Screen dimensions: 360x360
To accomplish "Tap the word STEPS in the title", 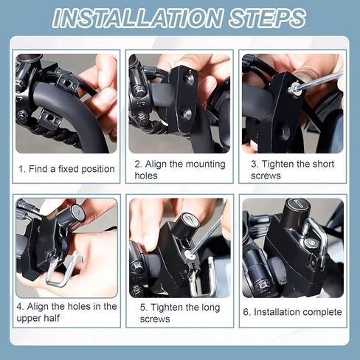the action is [267, 18].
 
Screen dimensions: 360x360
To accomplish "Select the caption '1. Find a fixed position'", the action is [66, 169].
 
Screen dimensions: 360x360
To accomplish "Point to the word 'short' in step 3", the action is [322, 164].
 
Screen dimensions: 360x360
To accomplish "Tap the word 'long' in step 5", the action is [210, 308].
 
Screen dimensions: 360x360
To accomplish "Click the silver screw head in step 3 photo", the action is [295, 88].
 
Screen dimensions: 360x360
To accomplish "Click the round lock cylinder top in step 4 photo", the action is [78, 212].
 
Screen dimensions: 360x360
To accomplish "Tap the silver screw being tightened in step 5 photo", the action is [190, 255].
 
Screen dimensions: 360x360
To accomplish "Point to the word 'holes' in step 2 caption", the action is [146, 176].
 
